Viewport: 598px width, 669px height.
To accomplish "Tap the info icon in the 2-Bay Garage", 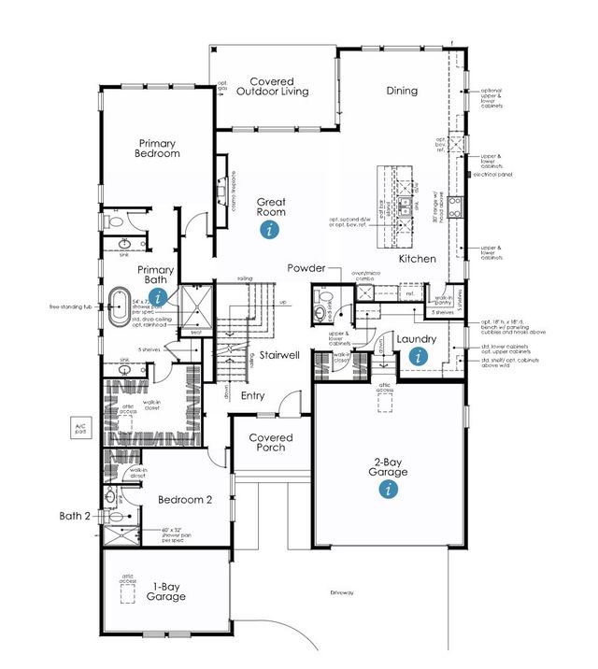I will coord(389,491).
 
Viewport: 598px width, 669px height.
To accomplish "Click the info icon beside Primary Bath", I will coord(159,296).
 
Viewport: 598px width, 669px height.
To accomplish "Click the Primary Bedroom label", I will coord(156,148).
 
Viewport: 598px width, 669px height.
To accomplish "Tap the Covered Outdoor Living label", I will coord(271,85).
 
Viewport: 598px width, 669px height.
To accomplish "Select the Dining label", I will coord(402,91).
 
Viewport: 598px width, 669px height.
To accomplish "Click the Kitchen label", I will coord(418,257).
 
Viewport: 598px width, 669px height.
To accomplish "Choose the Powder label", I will coord(306,268).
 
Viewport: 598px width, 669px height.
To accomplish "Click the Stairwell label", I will coord(279,355).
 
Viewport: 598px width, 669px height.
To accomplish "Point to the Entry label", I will coord(252,396).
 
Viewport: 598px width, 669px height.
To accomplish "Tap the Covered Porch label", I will coord(271,442).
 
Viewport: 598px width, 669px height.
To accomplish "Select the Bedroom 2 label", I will coord(185,500).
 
